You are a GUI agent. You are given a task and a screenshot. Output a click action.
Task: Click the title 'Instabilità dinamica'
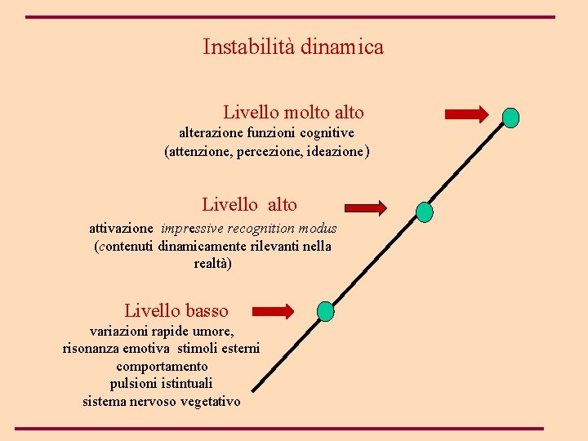click(293, 47)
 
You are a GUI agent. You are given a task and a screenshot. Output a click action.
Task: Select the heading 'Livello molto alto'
click(293, 113)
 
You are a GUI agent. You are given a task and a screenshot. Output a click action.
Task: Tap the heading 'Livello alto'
click(250, 205)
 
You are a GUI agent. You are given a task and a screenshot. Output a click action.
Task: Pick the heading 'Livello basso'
click(176, 311)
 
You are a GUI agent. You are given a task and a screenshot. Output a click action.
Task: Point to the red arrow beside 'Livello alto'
click(365, 208)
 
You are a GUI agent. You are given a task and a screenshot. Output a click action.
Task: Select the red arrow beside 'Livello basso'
click(273, 310)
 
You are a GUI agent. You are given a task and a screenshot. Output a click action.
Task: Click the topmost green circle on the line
click(510, 118)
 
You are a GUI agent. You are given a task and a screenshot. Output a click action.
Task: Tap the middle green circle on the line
click(425, 212)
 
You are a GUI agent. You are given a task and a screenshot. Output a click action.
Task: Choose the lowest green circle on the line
click(325, 311)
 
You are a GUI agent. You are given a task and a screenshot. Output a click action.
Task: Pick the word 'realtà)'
click(213, 264)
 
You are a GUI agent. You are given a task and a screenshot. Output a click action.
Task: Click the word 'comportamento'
click(162, 367)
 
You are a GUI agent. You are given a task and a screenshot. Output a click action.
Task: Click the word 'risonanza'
click(92, 349)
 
